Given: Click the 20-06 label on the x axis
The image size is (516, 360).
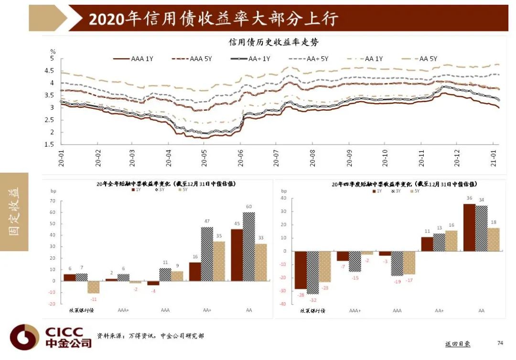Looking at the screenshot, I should [x=240, y=158].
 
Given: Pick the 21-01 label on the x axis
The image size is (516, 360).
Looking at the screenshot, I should [x=493, y=158].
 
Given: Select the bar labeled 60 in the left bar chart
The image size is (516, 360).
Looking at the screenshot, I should [x=248, y=246].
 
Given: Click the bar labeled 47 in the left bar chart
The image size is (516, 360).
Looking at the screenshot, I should [x=207, y=254].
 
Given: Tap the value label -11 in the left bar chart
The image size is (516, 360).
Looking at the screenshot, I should [x=94, y=299].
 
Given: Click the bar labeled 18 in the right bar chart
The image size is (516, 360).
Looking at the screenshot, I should [x=494, y=239].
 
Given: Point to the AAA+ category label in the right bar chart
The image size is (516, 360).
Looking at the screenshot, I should [x=355, y=310].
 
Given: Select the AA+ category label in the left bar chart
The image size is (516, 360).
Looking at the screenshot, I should [x=207, y=310].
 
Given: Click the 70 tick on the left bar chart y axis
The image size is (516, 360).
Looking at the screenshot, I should [x=53, y=201].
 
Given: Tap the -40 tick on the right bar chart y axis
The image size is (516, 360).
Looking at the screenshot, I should [x=282, y=304].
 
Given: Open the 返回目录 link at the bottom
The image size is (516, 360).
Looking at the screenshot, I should [x=457, y=344].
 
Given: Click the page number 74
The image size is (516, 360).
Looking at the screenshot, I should [x=500, y=343].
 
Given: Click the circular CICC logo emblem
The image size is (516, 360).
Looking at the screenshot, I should [x=24, y=337].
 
